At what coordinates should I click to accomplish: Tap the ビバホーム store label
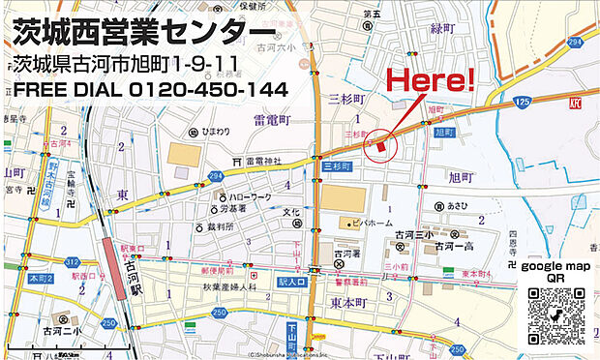point(359,223)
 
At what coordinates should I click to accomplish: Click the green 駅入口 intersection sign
point(291,281)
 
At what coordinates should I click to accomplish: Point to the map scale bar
point(68,346)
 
